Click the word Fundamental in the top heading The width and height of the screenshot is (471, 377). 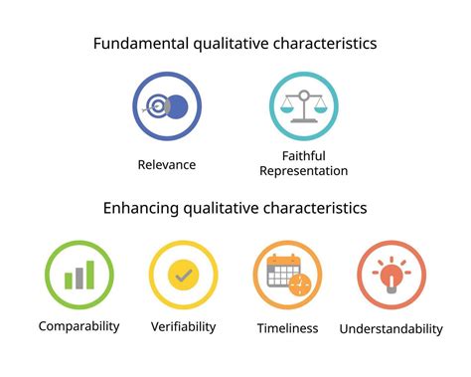tap(135, 44)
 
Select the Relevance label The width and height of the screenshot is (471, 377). tap(167, 164)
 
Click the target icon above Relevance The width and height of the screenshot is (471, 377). tap(159, 106)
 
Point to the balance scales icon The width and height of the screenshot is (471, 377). tap(304, 105)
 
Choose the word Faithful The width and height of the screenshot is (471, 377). tap(304, 154)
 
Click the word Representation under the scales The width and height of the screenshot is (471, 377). tap(304, 171)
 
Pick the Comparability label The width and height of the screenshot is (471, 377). tap(78, 325)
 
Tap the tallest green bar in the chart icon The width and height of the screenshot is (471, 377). tap(91, 274)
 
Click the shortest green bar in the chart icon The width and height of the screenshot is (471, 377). tap(69, 282)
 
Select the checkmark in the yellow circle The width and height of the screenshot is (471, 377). tap(183, 275)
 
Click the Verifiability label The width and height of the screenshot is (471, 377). tap(184, 325)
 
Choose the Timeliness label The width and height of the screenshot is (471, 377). tap(287, 327)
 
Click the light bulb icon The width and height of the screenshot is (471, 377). tap(391, 274)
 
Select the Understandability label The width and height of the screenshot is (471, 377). tap(391, 328)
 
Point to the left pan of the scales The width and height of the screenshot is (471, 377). tap(287, 108)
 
